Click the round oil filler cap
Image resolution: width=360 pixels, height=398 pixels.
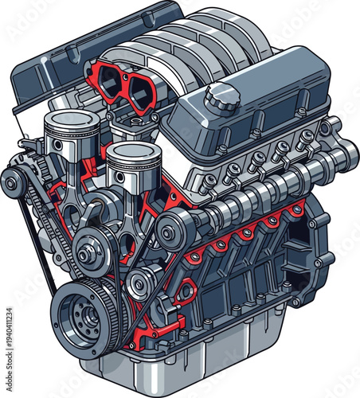coord(221,99)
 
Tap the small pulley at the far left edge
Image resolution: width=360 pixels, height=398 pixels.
coord(11,184)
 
